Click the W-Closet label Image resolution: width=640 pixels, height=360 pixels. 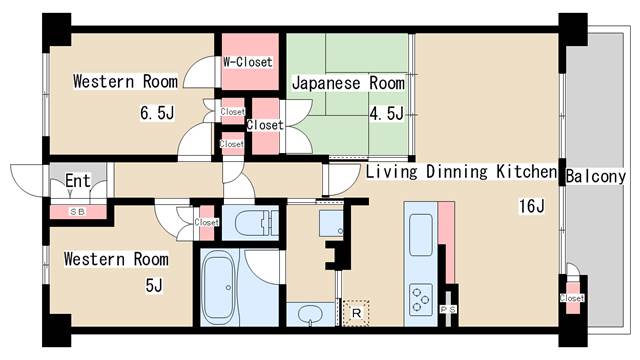coord(248,62)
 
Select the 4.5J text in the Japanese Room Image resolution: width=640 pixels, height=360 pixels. coord(386,113)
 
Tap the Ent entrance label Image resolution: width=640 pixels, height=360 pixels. coord(79,181)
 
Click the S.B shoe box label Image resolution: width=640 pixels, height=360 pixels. coord(77,212)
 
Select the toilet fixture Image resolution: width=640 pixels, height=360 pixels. coord(261,221)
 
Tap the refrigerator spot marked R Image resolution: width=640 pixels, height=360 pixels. coord(356,312)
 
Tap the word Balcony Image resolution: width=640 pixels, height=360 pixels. coord(596,176)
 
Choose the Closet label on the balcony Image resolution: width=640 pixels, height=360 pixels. coord(572,298)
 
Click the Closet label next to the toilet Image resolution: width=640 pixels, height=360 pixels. coord(206,222)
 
